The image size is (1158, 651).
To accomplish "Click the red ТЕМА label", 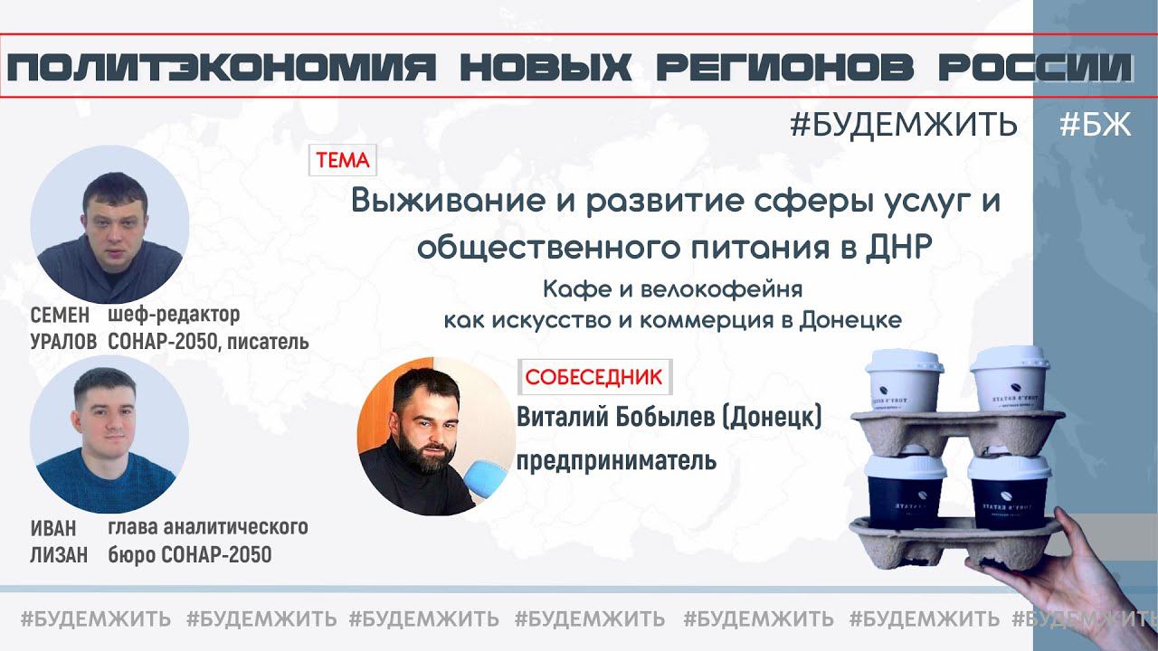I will click(x=343, y=161).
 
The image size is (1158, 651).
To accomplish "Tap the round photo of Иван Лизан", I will click(x=109, y=434).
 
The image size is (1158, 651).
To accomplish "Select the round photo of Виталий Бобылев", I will click(x=437, y=435).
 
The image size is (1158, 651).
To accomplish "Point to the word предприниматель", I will click(x=616, y=461).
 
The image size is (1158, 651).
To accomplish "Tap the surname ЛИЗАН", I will click(x=59, y=555).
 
